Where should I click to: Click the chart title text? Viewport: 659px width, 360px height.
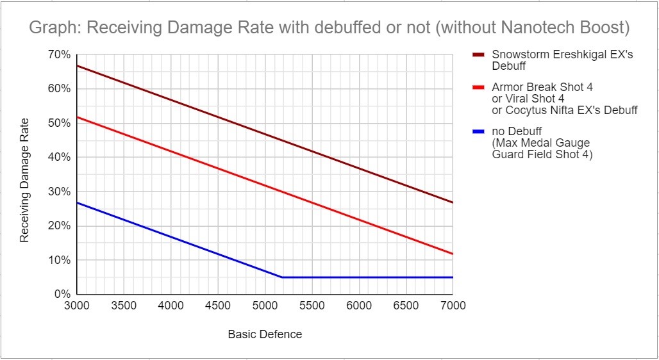pyautogui.click(x=329, y=28)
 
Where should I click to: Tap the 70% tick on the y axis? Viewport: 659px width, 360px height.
pyautogui.click(x=59, y=55)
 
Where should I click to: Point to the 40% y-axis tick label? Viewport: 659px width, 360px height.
pyautogui.click(x=59, y=158)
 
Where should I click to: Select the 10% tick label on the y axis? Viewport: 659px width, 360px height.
pyautogui.click(x=59, y=261)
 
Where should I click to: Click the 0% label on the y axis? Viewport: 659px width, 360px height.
pyautogui.click(x=62, y=295)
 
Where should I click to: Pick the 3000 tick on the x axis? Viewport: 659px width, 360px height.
pyautogui.click(x=77, y=306)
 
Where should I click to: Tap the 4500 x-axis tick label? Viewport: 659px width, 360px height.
pyautogui.click(x=218, y=306)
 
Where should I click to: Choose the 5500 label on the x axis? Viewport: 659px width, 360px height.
pyautogui.click(x=312, y=306)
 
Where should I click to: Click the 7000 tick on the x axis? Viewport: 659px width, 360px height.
pyautogui.click(x=453, y=306)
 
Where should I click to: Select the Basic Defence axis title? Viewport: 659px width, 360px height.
pyautogui.click(x=265, y=334)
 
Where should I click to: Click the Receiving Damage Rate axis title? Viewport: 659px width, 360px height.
pyautogui.click(x=25, y=180)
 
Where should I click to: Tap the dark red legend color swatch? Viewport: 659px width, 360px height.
pyautogui.click(x=479, y=55)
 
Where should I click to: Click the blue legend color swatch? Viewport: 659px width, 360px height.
pyautogui.click(x=479, y=131)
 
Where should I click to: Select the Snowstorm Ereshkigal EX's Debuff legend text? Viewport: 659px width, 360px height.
pyautogui.click(x=562, y=60)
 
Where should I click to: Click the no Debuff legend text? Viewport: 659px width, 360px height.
pyautogui.click(x=516, y=131)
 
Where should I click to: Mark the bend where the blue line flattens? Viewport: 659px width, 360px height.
pyautogui.click(x=281, y=277)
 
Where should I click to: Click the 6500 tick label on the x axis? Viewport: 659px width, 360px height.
pyautogui.click(x=406, y=306)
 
